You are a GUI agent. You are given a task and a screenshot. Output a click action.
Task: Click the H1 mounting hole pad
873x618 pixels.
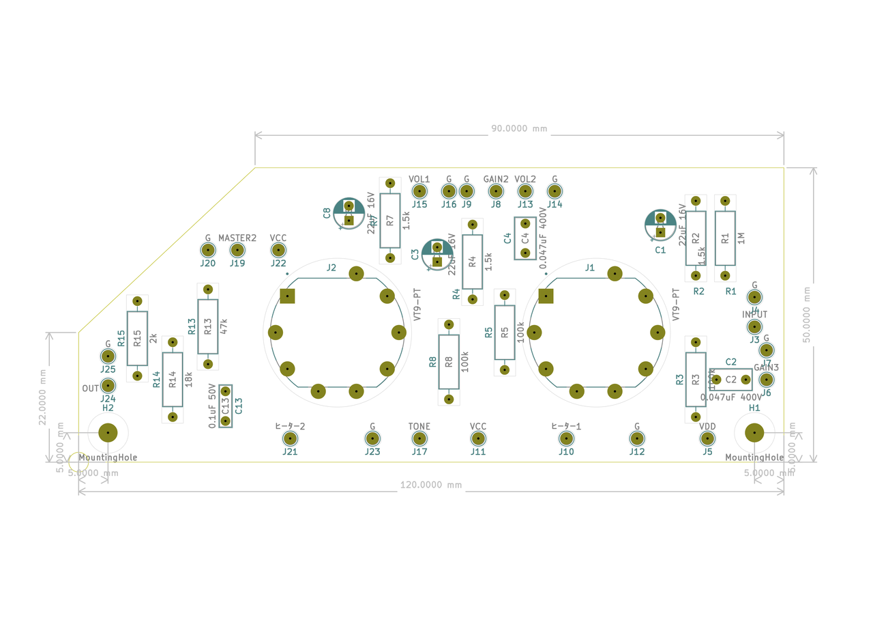[x=754, y=432]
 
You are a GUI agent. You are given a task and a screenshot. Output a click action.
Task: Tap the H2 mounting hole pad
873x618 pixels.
[x=108, y=432]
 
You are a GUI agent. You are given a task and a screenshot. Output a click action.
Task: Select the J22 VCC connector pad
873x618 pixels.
[x=278, y=250]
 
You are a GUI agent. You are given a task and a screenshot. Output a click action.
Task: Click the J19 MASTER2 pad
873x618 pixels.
[x=237, y=250]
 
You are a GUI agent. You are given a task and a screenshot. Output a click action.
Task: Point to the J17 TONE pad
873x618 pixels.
[x=419, y=438]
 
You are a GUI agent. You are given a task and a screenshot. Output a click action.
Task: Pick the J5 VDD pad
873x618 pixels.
[x=707, y=438]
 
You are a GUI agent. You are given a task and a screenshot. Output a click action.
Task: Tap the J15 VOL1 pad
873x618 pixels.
[x=419, y=191]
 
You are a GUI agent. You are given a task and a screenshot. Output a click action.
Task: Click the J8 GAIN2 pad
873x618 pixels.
[x=496, y=191]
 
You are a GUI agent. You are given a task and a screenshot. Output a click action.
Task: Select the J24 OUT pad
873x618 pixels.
[x=108, y=387]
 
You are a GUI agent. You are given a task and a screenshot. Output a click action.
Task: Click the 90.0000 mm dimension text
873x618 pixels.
[x=519, y=128]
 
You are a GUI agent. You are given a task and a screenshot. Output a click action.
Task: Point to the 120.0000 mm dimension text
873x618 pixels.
[x=430, y=485]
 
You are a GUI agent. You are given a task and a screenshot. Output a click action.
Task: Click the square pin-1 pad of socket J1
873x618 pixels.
[x=546, y=296]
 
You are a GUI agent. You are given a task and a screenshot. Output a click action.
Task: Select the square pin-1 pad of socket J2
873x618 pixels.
[x=287, y=296]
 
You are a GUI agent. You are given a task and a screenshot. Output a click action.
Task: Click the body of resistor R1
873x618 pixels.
[x=725, y=238]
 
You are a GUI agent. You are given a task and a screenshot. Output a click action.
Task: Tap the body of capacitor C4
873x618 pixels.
[x=525, y=239]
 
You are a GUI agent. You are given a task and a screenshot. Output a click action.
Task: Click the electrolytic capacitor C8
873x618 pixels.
[x=349, y=212]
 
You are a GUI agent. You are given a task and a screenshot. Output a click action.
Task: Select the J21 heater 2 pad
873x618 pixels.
[x=291, y=438]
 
